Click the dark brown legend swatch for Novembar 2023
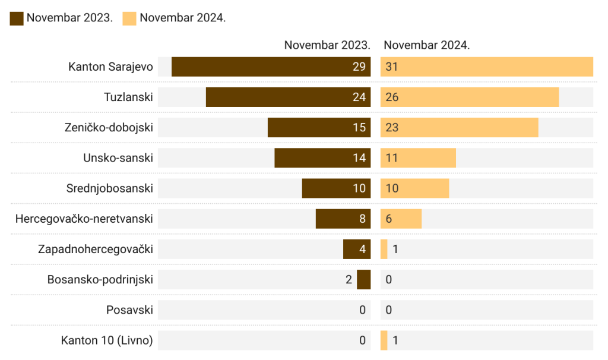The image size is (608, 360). (17, 18)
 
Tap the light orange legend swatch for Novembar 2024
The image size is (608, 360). (129, 18)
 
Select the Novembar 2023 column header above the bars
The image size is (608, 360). (327, 45)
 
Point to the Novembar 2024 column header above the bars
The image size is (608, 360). (426, 45)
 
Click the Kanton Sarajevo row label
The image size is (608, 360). (110, 67)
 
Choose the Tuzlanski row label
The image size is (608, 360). (128, 97)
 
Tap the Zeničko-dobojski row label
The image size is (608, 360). (109, 128)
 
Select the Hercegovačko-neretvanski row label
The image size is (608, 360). (84, 219)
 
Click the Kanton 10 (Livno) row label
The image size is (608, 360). (107, 340)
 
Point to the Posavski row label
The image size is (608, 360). (129, 310)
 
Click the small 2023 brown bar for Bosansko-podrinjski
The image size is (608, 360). (363, 279)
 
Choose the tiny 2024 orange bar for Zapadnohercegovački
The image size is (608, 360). (384, 249)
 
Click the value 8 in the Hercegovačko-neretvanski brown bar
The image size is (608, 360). (362, 219)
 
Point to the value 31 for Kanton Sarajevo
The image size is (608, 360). (391, 67)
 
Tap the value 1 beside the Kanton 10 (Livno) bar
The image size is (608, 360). (395, 340)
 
